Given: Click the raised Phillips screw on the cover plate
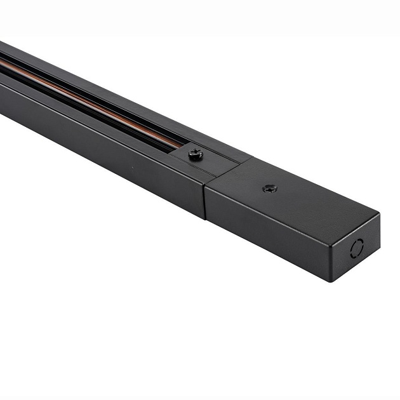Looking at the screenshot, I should [196, 154].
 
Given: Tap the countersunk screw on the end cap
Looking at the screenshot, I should [270, 189].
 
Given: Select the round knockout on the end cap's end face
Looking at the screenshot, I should [357, 248].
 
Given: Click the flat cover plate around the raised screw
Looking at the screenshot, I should [213, 162].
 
